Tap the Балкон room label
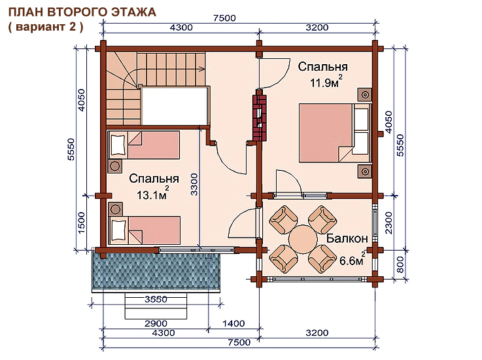347,238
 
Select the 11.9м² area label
326,82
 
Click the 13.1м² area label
153,194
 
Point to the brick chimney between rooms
260,117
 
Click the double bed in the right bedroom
334,133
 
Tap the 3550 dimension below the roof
156,299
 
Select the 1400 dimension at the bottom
233,323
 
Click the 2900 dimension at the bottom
156,323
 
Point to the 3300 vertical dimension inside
194,185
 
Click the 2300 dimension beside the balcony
388,223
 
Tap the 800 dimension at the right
400,265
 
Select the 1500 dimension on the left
81,223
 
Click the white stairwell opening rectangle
174,105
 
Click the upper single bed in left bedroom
144,145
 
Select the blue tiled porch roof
156,270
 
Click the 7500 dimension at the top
225,18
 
